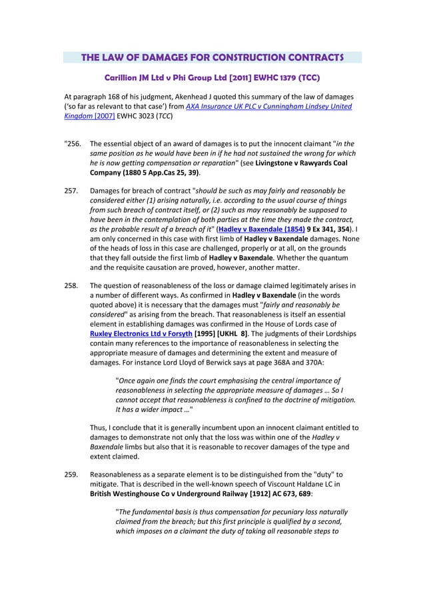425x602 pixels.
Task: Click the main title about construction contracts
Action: point(212,58)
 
